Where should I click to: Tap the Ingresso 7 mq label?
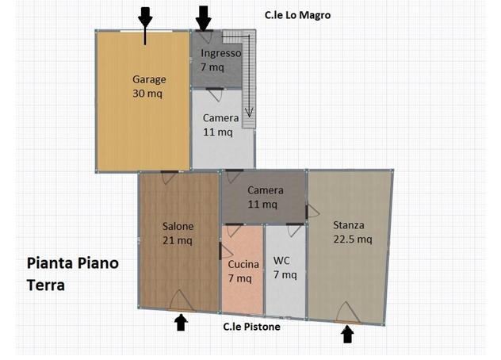pyautogui.click(x=221, y=59)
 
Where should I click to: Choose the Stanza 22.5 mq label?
pyautogui.click(x=353, y=232)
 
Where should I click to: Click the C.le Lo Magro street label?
pyautogui.click(x=297, y=15)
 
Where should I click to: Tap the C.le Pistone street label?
pyautogui.click(x=251, y=327)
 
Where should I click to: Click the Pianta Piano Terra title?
pyautogui.click(x=72, y=274)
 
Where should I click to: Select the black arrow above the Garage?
pyautogui.click(x=145, y=25)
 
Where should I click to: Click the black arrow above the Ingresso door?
pyautogui.click(x=203, y=19)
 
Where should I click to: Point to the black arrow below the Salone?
pyautogui.click(x=181, y=322)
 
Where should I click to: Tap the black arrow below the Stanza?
pyautogui.click(x=347, y=334)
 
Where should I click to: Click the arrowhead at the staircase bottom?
pyautogui.click(x=249, y=113)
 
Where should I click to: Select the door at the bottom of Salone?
pyautogui.click(x=182, y=301)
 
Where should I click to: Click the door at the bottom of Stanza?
pyautogui.click(x=347, y=312)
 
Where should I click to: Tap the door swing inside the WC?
pyautogui.click(x=295, y=229)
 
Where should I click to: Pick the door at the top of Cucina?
pyautogui.click(x=234, y=230)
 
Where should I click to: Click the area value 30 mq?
pyautogui.click(x=147, y=94)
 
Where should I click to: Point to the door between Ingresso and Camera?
pyautogui.click(x=215, y=94)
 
